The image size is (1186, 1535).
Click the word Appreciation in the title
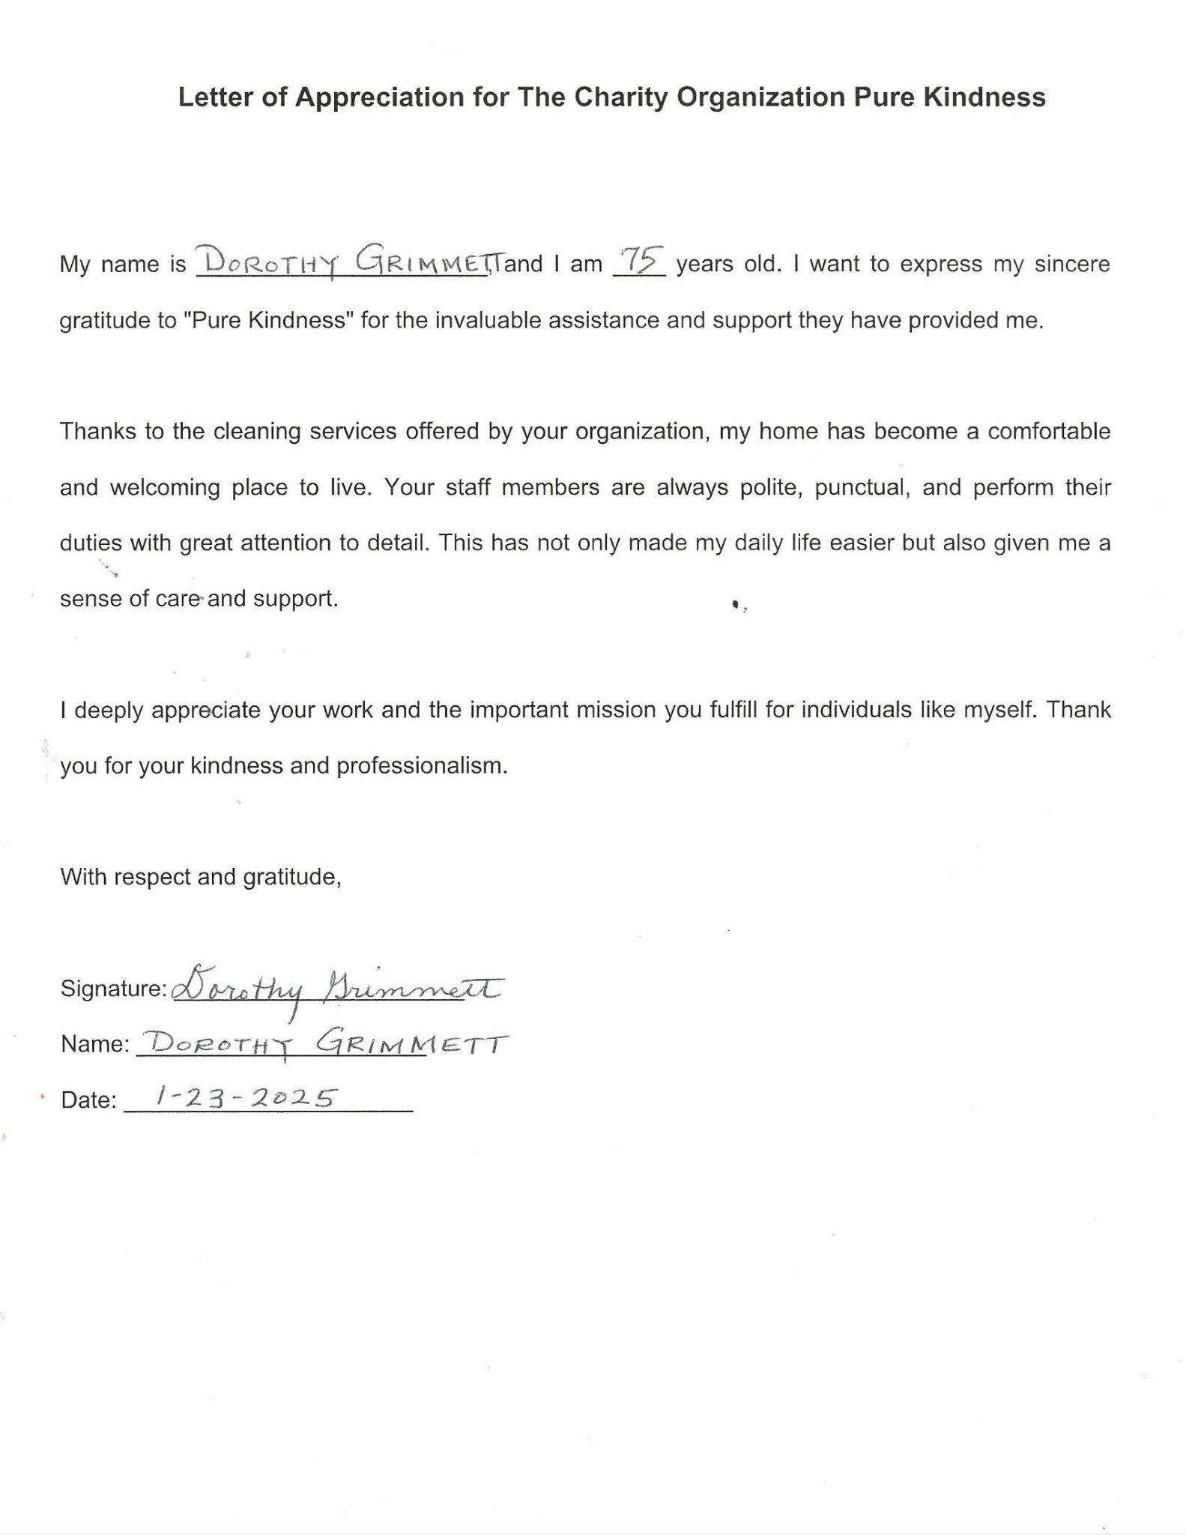(379, 97)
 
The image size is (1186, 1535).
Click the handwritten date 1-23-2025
(243, 1098)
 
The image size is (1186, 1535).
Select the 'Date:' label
(88, 1100)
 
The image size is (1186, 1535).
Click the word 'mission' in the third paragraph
(615, 710)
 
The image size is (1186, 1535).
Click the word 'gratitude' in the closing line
(291, 877)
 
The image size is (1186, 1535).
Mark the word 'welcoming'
(165, 488)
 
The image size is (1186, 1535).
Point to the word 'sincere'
(1072, 265)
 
